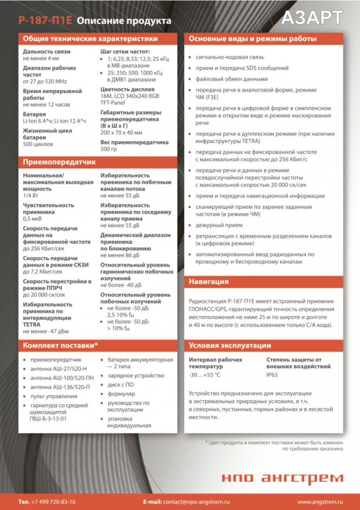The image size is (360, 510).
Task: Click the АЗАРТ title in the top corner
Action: coord(312,18)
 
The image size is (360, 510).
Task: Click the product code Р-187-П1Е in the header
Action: coord(45,21)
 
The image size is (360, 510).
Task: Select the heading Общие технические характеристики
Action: coord(90,39)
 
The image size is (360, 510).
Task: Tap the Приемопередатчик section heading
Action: coord(59,162)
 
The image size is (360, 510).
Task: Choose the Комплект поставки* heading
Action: coord(61,345)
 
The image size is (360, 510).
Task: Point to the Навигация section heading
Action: coord(209,281)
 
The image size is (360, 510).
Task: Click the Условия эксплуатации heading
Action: coord(230,345)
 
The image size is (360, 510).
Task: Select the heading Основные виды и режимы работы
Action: coord(253,39)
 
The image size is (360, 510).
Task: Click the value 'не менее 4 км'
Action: coord(41,58)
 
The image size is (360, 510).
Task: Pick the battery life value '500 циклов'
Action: coord(38,144)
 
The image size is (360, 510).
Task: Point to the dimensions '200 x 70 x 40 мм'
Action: coord(121,133)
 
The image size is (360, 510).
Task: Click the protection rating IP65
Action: coord(272,375)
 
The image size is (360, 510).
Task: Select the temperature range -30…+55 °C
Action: coord(205,375)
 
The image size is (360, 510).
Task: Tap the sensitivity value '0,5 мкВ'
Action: coord(32,219)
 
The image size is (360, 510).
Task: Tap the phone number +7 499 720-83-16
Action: coord(53,502)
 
